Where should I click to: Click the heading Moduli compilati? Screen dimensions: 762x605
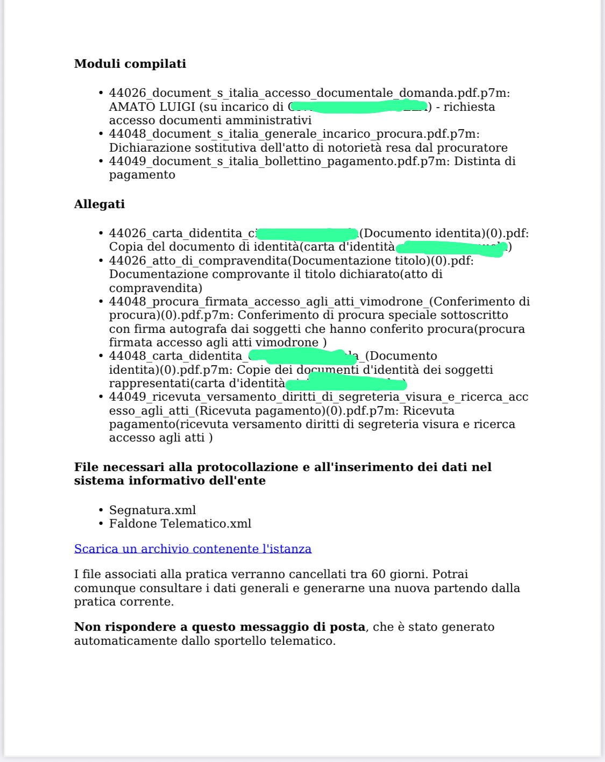click(x=130, y=63)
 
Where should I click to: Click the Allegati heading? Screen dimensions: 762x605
click(x=99, y=204)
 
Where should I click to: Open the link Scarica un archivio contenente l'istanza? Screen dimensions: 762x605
click(x=193, y=549)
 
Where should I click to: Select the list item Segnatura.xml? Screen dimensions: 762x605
click(x=152, y=510)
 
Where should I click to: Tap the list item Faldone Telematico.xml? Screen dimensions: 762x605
click(x=180, y=523)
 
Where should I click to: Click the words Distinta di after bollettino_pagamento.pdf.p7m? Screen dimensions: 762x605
click(x=485, y=161)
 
